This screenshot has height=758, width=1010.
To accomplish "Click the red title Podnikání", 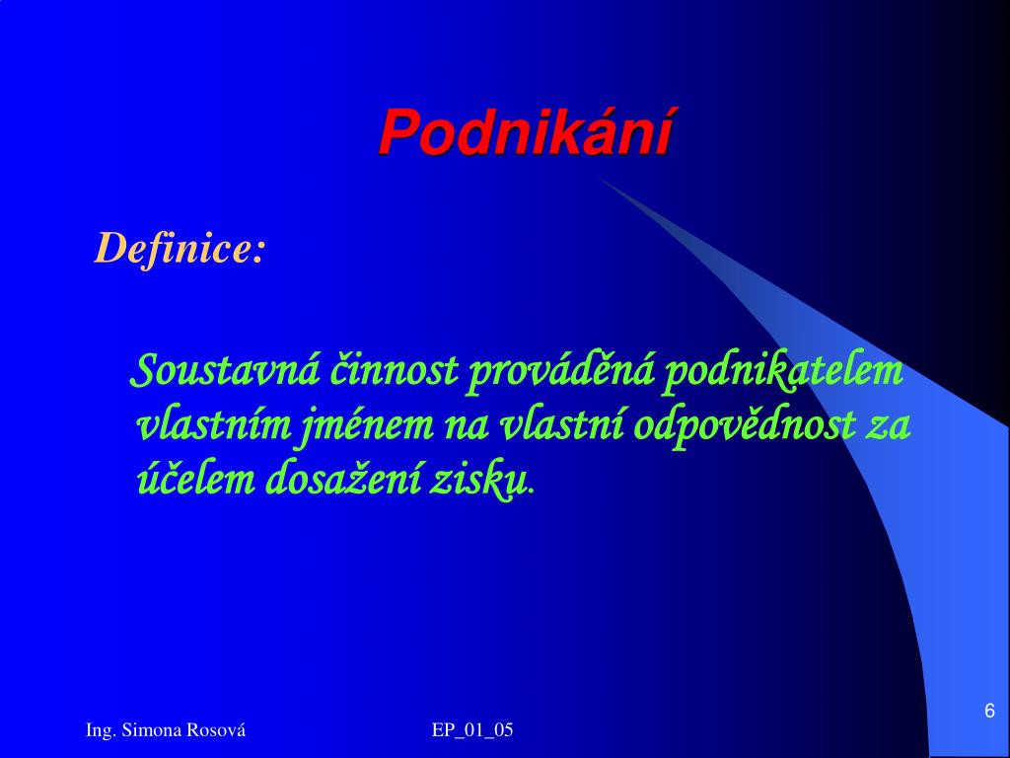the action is (x=526, y=133).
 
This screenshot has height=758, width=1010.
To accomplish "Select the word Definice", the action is (x=172, y=248).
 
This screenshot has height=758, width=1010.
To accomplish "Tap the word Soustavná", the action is (x=225, y=371).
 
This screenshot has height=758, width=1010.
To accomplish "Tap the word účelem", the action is (x=196, y=481).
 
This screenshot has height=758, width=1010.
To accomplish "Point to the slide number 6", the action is (x=990, y=711).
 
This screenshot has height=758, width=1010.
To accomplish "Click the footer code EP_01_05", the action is (x=472, y=730).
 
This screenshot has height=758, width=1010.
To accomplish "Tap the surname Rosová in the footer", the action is (x=216, y=730).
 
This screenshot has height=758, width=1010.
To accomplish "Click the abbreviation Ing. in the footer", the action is (x=102, y=731).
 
